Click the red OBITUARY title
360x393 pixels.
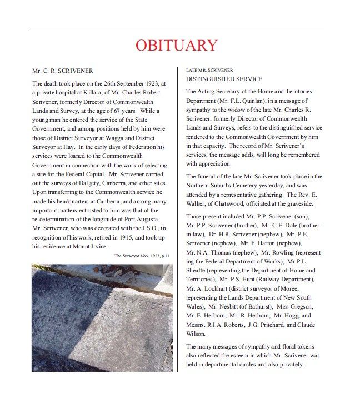[x=177, y=45]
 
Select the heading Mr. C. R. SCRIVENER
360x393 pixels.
[x=63, y=71]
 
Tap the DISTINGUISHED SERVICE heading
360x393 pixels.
[x=224, y=79]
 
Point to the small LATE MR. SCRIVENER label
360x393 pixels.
[x=209, y=70]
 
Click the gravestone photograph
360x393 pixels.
[x=102, y=317]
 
